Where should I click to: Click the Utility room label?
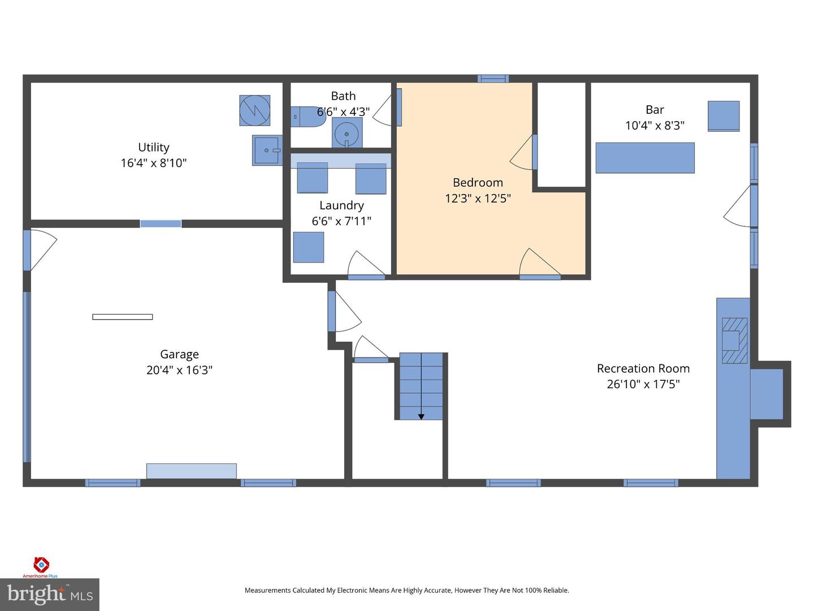[153, 147]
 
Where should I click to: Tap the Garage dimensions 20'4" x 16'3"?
[179, 370]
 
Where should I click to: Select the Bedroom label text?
[478, 182]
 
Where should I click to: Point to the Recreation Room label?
[643, 368]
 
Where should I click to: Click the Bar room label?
[655, 110]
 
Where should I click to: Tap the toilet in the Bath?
[309, 117]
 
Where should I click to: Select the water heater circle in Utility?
[254, 110]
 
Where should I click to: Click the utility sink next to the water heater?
[266, 150]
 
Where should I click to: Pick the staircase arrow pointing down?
[421, 416]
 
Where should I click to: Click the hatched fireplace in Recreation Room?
[734, 341]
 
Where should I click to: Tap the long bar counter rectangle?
[645, 158]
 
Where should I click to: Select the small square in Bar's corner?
[724, 116]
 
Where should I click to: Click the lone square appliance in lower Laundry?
[309, 247]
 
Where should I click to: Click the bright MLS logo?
[50, 594]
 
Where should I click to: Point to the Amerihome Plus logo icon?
[41, 564]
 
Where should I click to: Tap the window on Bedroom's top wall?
[493, 79]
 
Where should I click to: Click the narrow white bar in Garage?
[123, 317]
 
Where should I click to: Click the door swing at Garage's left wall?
[42, 249]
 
